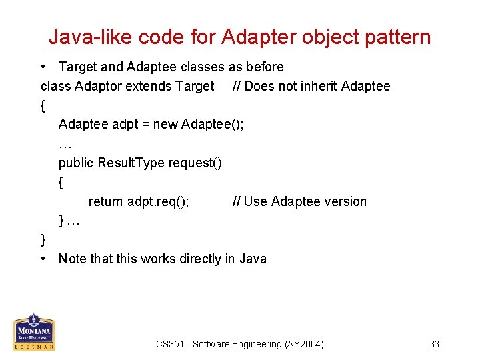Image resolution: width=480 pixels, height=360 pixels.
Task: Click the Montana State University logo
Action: (34, 332)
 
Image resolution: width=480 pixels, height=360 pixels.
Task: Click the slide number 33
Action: (435, 344)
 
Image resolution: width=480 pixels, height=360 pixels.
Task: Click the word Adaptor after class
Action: (99, 86)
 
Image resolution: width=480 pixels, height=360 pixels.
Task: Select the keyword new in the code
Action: (166, 124)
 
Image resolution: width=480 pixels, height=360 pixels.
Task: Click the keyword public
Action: (76, 163)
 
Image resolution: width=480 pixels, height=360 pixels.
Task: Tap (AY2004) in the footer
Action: (304, 344)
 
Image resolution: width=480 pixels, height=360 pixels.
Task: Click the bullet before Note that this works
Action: (43, 259)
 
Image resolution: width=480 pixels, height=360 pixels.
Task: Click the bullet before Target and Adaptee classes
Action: (43, 67)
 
